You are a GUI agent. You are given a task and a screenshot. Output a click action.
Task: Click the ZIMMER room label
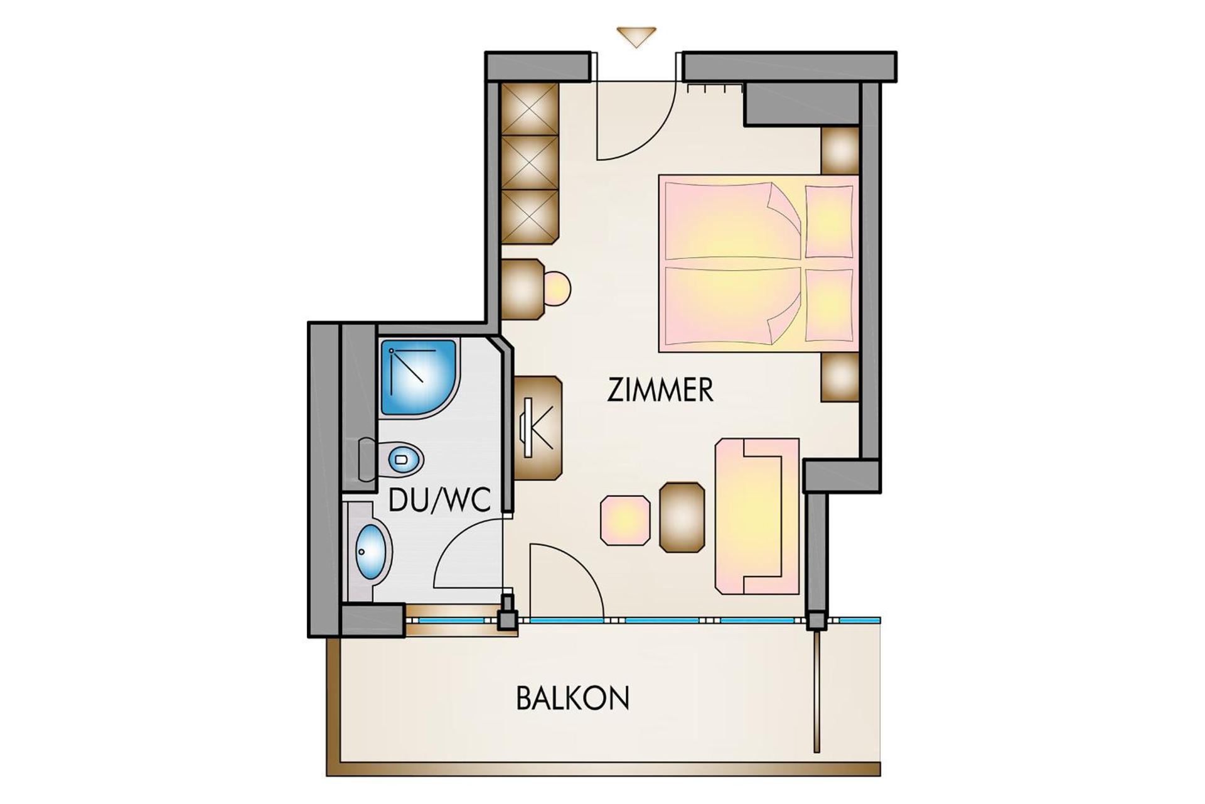[660, 390]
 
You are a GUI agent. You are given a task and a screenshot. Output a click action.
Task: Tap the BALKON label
[572, 698]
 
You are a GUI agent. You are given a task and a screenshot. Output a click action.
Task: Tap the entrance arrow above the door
[636, 36]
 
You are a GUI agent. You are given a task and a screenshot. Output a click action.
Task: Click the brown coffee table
[682, 517]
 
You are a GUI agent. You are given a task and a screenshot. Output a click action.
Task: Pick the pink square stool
[625, 520]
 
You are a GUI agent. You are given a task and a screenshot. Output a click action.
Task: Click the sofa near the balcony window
[756, 516]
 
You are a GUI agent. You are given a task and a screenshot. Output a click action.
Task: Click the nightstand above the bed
[840, 151]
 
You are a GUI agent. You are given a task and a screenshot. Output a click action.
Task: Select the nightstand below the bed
[840, 377]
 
